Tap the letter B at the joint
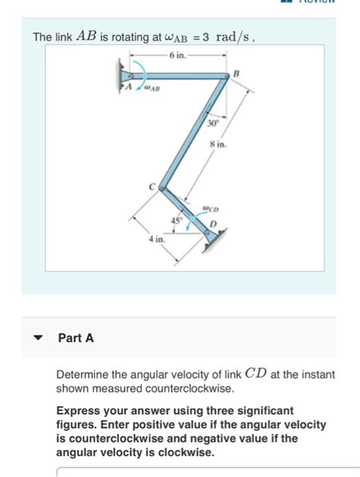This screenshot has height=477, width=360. [236, 72]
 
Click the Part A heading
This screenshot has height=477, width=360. [76, 339]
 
